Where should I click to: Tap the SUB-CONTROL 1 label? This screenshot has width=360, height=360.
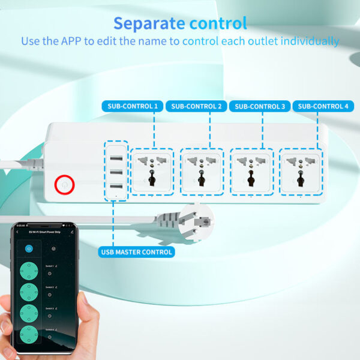[133, 106]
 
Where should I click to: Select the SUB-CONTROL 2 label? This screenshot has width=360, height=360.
[196, 106]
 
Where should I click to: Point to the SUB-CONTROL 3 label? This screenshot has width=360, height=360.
[260, 106]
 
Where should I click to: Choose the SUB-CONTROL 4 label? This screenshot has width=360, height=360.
[323, 106]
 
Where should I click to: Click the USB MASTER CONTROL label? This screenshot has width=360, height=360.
[137, 252]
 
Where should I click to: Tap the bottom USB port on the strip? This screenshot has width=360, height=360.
[116, 186]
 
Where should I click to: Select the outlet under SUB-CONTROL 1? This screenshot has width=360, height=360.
[152, 171]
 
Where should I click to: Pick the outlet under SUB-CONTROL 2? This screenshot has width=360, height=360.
[202, 171]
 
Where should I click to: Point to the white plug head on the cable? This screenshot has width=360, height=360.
[199, 218]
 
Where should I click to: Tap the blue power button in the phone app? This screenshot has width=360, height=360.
[29, 248]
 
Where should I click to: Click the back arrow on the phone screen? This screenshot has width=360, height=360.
[17, 232]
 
